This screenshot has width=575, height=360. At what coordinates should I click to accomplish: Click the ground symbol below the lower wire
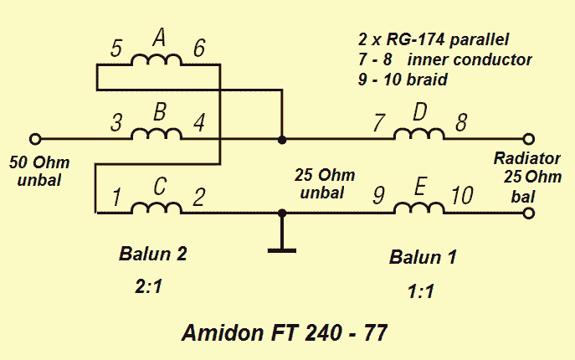[282, 248]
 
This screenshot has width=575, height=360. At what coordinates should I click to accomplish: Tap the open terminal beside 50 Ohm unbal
[34, 139]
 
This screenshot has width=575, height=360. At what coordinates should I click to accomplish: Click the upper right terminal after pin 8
[528, 139]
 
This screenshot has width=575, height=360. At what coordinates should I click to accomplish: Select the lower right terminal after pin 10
[528, 213]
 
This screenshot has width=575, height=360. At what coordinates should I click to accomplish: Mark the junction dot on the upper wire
[282, 139]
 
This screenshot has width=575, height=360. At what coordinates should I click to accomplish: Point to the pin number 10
[461, 197]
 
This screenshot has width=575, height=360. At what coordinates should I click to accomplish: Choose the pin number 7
[379, 124]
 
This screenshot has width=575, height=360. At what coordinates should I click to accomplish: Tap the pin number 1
[117, 198]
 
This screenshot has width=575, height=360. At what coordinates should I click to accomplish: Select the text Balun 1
[423, 257]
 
